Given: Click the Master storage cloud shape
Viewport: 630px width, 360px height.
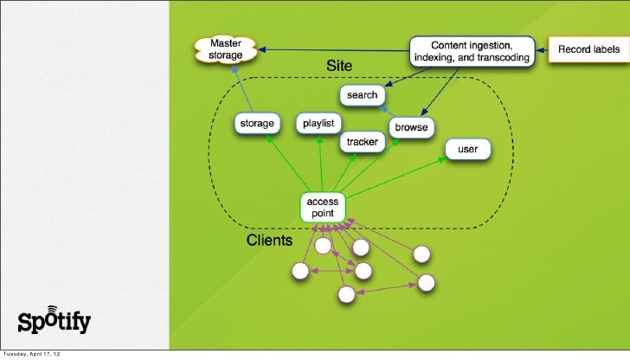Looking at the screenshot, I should (x=227, y=48).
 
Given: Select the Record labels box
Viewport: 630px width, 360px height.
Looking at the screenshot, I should (x=586, y=49).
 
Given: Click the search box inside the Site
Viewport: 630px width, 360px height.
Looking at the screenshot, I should (x=363, y=93).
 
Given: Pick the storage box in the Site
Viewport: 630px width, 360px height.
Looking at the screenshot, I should (x=257, y=124).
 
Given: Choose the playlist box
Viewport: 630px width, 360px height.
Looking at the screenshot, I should (x=319, y=123).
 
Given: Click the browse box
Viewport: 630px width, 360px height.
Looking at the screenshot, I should (x=411, y=127).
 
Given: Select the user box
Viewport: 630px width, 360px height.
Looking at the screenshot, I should (x=467, y=150).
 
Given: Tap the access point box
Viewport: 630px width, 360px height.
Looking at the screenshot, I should (x=323, y=207).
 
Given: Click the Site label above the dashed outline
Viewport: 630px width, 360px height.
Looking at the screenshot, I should (x=339, y=66).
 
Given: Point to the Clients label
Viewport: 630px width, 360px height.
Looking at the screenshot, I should (x=270, y=239).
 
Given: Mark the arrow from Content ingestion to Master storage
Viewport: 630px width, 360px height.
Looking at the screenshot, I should (x=333, y=50).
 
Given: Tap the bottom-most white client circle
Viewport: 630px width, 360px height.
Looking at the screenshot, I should (x=346, y=295).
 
